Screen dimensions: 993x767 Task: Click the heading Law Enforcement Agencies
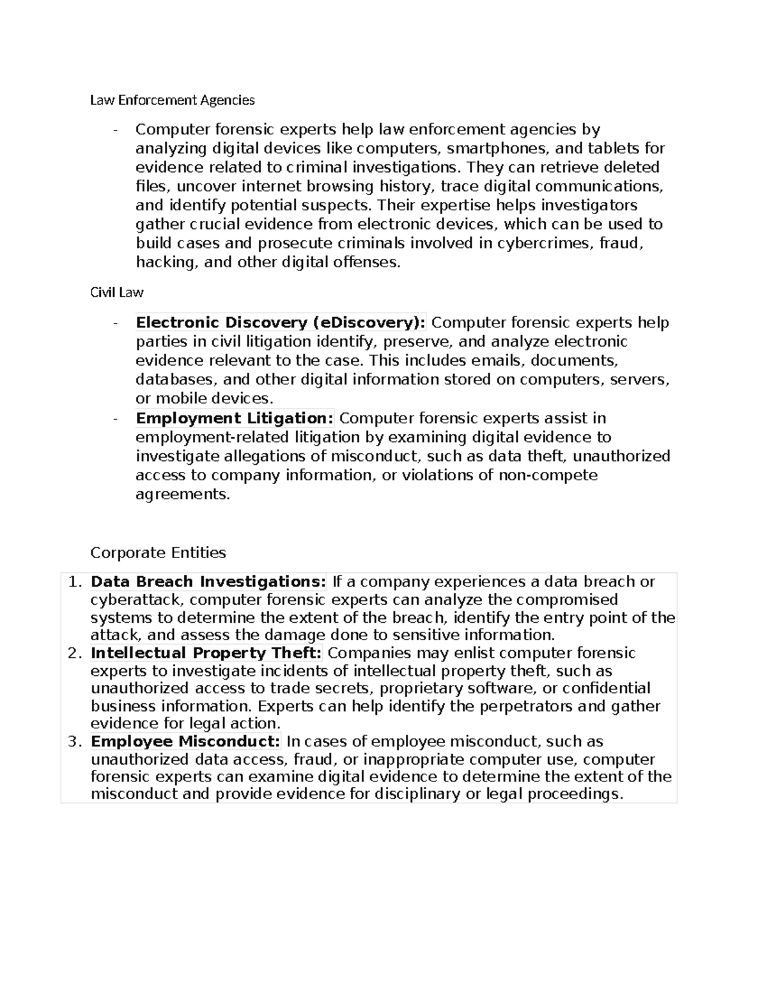click(x=172, y=100)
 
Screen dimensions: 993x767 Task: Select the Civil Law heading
click(x=116, y=292)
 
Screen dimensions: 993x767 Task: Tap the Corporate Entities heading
click(x=158, y=552)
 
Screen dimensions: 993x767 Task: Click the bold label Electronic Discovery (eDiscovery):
click(x=281, y=322)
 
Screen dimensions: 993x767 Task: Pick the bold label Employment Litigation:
click(x=235, y=418)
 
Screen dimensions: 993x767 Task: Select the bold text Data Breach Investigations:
click(x=208, y=582)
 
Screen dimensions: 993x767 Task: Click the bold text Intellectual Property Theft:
click(x=206, y=653)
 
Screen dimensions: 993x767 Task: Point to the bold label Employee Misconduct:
click(x=185, y=741)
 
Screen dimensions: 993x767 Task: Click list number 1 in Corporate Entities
click(x=75, y=582)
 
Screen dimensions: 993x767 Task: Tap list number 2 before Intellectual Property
click(x=75, y=653)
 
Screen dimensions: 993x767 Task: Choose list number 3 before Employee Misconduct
click(x=75, y=741)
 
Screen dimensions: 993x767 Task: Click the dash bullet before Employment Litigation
click(x=115, y=419)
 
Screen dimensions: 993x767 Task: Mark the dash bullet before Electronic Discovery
click(x=115, y=323)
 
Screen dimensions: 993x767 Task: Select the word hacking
click(x=166, y=262)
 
